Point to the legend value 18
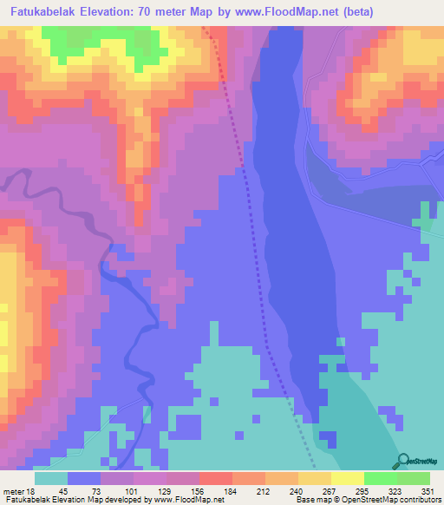point(32,491)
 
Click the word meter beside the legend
point(12,491)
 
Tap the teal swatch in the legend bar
point(51,478)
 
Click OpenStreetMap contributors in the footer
point(391,501)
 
